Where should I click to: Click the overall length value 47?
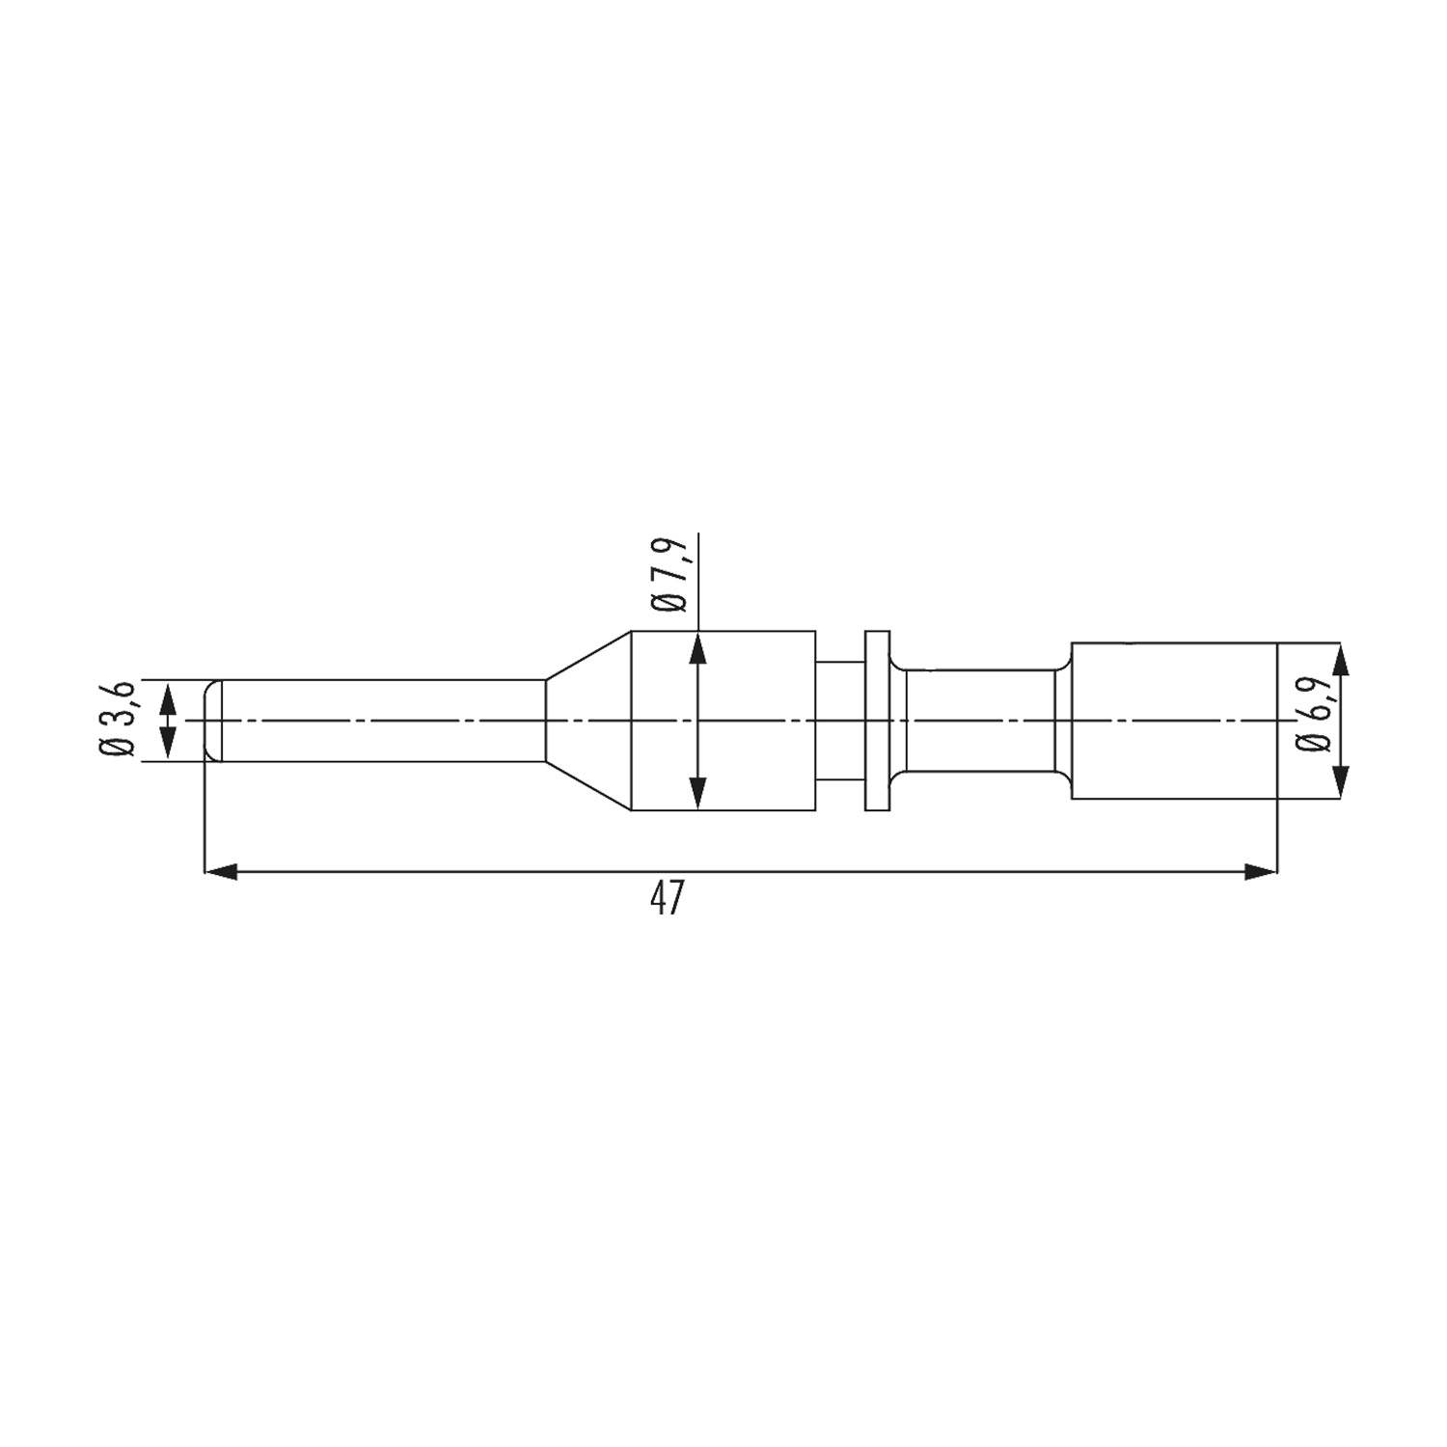pos(667,899)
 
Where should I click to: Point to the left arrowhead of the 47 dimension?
pos(221,872)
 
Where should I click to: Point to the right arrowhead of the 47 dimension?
pos(1261,872)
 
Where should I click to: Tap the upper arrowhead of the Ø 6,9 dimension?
pos(1340,660)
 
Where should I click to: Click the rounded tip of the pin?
pos(212,721)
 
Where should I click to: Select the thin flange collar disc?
pos(876,721)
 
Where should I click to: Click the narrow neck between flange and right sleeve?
pos(979,721)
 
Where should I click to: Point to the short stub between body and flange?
pos(839,721)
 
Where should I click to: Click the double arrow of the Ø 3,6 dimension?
pos(169,720)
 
